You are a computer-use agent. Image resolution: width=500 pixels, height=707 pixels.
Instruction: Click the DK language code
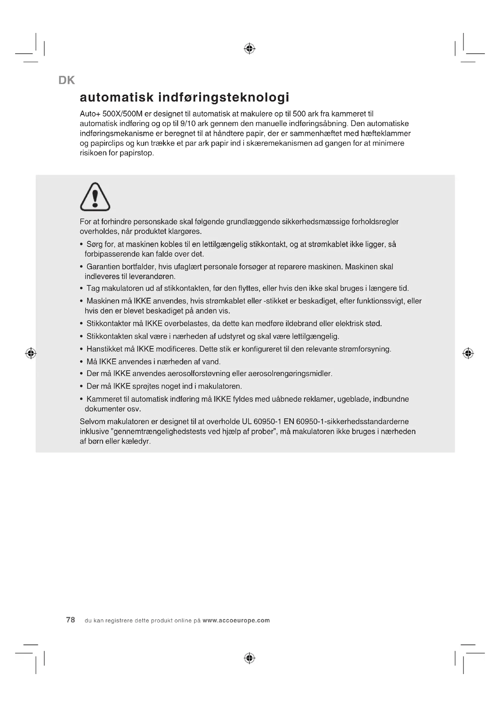(67, 80)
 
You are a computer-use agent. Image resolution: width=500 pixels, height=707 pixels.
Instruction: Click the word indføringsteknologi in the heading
(223, 97)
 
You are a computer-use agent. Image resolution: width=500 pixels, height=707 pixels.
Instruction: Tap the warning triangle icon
(95, 197)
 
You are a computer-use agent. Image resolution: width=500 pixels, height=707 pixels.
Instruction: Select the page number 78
(70, 620)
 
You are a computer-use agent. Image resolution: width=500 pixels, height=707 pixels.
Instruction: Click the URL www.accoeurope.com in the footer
(236, 621)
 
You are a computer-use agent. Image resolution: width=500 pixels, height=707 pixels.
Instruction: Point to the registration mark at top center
(250, 49)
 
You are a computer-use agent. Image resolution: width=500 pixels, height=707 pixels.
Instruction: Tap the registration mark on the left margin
(31, 353)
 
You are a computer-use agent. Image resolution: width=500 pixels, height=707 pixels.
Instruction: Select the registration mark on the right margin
(468, 353)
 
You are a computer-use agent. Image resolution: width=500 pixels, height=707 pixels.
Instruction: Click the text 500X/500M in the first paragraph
(122, 114)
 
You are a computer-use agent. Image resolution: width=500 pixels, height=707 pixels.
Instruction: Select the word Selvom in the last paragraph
(92, 422)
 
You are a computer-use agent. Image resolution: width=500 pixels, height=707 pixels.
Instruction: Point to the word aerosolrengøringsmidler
(290, 374)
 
